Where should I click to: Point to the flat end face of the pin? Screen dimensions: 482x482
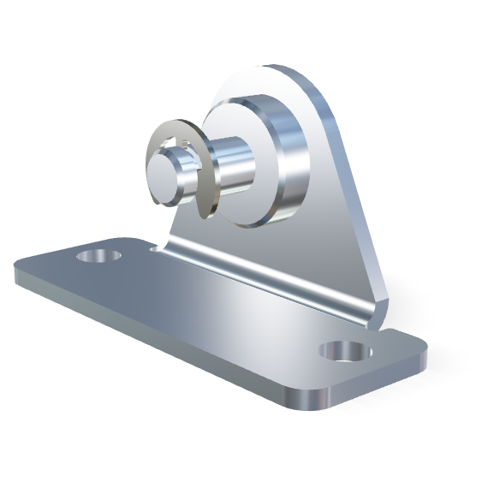coord(165,175)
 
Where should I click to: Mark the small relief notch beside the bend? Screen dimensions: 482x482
coord(154,249)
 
